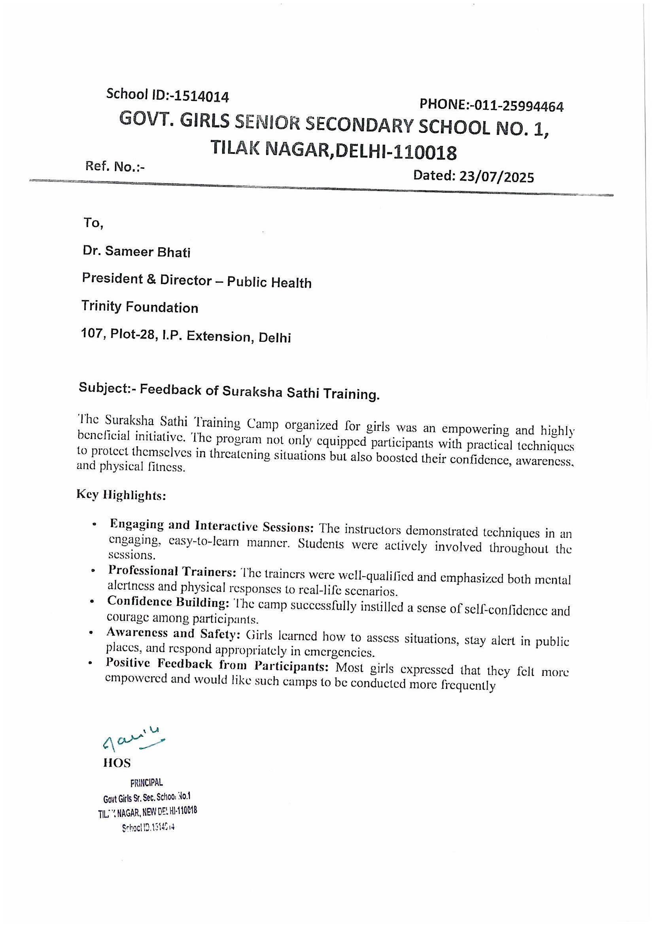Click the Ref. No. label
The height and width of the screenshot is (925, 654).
(114, 166)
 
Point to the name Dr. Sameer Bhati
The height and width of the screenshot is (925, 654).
(136, 252)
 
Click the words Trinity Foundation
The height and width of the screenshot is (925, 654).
(140, 307)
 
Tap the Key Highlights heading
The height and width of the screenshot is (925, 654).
(121, 495)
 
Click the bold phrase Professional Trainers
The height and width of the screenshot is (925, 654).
(172, 572)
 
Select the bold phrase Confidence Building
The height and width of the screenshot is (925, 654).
(168, 602)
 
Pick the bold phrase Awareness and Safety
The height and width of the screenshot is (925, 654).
(173, 633)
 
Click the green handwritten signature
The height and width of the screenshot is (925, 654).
(133, 742)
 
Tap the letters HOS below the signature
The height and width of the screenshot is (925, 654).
(117, 762)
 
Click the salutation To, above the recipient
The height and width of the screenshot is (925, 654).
(93, 223)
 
